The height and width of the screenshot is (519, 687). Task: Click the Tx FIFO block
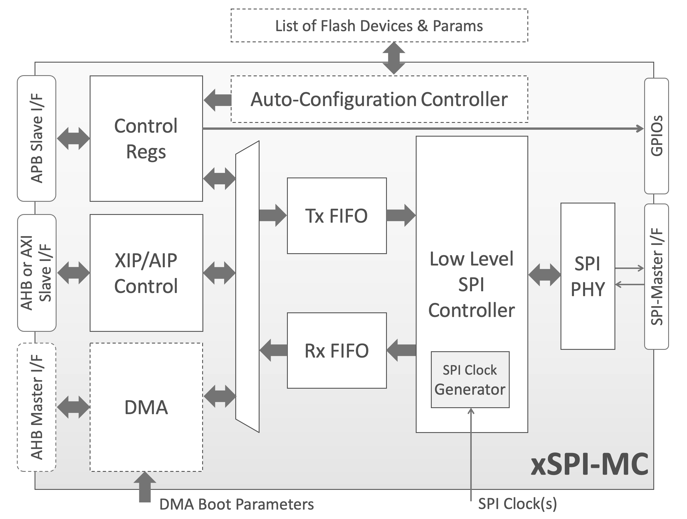[x=337, y=216]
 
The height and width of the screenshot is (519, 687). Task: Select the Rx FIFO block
[x=337, y=351]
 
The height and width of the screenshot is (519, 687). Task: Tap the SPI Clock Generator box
[x=470, y=380]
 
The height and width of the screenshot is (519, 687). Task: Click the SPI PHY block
[x=588, y=276]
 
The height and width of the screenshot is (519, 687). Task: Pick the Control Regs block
[x=146, y=139]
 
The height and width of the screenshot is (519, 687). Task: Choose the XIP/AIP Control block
[x=146, y=273]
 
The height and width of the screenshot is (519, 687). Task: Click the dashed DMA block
[x=146, y=407]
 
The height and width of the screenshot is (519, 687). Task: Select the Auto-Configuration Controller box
[x=379, y=99]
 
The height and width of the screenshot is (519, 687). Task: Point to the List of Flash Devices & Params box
[x=379, y=25]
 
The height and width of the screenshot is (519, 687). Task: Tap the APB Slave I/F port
[x=37, y=139]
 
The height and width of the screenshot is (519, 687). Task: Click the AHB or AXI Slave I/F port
[x=37, y=273]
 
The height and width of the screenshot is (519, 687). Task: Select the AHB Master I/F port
[x=37, y=407]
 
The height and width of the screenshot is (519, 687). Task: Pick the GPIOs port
[x=656, y=136]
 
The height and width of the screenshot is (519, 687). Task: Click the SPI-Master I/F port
[x=656, y=277]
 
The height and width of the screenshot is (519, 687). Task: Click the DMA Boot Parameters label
[x=236, y=504]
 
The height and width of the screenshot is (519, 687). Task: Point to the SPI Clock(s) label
[x=517, y=504]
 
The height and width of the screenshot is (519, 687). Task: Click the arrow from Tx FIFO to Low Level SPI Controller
[x=401, y=215]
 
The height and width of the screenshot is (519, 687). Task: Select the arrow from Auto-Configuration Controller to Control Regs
[x=217, y=100]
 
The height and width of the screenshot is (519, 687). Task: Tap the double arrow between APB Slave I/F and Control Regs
[x=73, y=139]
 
